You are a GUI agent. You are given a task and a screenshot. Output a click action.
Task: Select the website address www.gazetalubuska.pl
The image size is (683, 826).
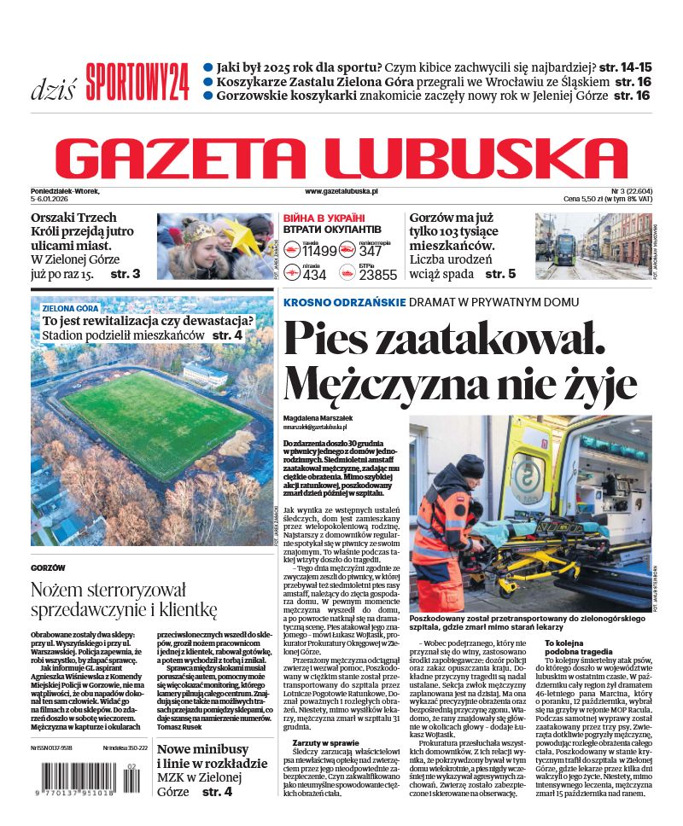coord(341,193)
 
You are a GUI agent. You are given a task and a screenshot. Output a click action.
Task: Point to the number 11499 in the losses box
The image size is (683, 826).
coord(320,251)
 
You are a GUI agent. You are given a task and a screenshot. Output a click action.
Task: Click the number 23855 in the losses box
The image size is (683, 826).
coord(377,275)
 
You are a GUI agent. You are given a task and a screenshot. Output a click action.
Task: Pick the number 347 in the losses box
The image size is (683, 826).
coord(371,251)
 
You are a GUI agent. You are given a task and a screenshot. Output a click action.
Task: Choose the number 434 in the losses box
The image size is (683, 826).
coord(314,275)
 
